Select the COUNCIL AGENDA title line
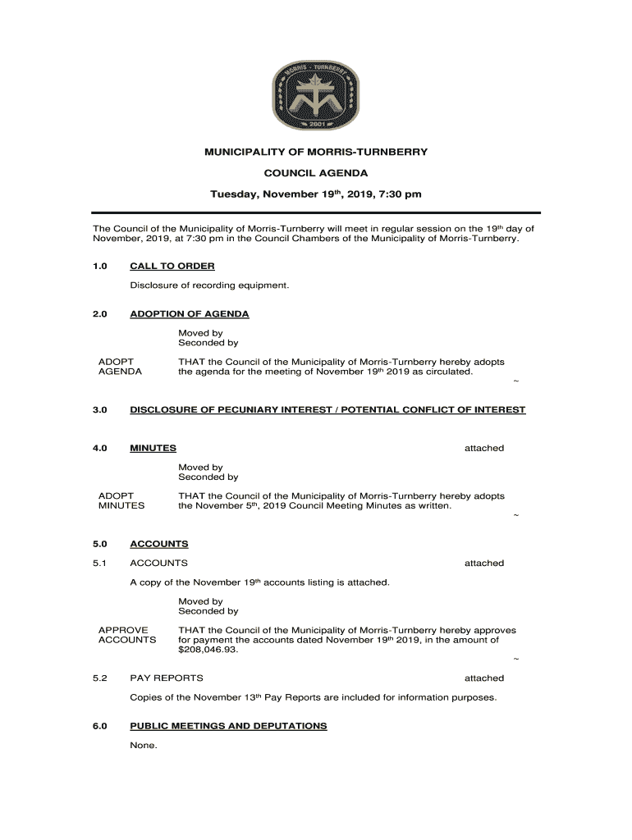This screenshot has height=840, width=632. [316, 173]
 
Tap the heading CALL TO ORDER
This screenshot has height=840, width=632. [172, 266]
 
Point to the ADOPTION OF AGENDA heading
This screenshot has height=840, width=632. [190, 314]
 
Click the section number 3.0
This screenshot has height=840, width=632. [100, 409]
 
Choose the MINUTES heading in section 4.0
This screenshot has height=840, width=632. [153, 448]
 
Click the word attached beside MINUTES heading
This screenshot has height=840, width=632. [483, 448]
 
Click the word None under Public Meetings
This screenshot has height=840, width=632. [144, 746]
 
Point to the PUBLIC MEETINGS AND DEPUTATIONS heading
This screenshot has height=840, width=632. [228, 726]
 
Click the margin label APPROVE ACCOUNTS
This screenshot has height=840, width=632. [126, 635]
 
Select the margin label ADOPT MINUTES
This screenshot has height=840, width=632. [121, 500]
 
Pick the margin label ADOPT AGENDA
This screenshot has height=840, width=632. [120, 367]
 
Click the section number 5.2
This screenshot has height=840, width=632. [100, 678]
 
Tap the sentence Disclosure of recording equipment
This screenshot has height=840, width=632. [209, 285]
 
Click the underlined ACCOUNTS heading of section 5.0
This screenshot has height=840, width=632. [159, 544]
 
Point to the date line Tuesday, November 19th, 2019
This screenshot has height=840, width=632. [316, 194]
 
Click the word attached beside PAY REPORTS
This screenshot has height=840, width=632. [483, 678]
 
